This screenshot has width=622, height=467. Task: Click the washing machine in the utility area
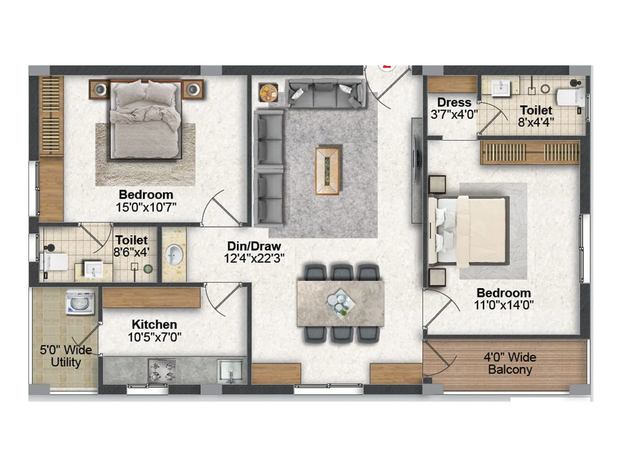[x=80, y=302]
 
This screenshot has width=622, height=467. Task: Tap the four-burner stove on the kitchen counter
[x=162, y=370]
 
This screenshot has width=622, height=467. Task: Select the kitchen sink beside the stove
[x=231, y=370]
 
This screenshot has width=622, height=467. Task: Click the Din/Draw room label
[x=254, y=246]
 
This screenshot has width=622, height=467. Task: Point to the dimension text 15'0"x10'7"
[x=146, y=207]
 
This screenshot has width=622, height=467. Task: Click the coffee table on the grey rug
[x=327, y=170]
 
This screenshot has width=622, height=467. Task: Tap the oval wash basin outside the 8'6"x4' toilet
[x=174, y=255]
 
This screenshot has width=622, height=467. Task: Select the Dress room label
[x=454, y=102]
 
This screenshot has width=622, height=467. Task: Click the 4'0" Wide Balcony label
[x=510, y=363]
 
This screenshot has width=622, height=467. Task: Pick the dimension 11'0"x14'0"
[x=503, y=305]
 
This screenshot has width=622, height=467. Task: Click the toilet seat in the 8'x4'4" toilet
[x=570, y=97]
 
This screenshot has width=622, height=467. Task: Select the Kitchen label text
[x=154, y=324]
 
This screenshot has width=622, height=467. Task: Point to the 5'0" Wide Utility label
[x=66, y=356]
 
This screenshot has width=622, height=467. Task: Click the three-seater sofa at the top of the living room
[x=325, y=94]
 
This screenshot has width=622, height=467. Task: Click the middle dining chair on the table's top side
[x=341, y=272]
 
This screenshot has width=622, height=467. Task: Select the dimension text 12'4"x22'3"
[x=254, y=258]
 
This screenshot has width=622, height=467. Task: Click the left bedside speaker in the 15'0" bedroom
[x=100, y=90]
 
